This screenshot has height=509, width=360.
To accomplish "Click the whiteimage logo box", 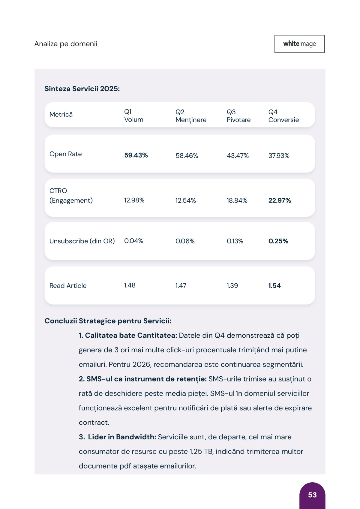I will pos(299,44).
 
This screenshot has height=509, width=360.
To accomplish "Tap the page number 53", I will pos(312,495).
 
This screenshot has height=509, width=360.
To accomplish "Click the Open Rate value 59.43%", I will pos(136,155).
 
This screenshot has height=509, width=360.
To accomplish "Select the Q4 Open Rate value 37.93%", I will pos(279,155).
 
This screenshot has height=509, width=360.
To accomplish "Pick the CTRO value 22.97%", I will pos(280,200).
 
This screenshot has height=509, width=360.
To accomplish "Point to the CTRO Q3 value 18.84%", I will pos(237,200).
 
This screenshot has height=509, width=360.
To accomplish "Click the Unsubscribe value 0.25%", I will pos(278,241).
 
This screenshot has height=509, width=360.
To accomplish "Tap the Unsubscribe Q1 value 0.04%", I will pos(133,241).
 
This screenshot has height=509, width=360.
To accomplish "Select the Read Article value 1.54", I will pos(274,285).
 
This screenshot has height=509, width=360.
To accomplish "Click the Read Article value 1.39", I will pos(232,285).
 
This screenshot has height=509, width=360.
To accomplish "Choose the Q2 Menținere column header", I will pos(191,116).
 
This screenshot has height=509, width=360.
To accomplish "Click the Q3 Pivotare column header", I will pos(238,116).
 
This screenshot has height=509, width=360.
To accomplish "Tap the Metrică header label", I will pos(61,114).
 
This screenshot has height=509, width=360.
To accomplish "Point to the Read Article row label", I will pos(68,285).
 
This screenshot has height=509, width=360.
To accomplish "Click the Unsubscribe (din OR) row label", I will pos(82,241).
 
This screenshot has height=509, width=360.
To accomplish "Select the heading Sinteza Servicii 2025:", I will pos(82,89).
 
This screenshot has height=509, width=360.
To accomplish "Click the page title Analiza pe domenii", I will pos(66,44).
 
